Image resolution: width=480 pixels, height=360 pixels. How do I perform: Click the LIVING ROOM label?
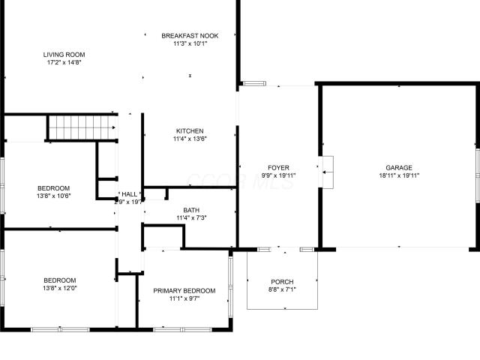click(64, 55)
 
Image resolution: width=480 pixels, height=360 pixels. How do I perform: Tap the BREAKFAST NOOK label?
click(190, 36)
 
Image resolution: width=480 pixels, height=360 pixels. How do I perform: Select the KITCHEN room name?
click(190, 131)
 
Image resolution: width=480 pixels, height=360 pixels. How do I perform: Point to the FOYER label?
click(278, 168)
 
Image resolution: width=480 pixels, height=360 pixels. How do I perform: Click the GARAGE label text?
click(399, 168)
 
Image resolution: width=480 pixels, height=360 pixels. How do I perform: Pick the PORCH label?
click(282, 282)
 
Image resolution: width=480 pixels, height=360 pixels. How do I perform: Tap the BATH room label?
click(191, 210)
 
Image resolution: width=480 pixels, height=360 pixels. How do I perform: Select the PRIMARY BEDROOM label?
click(184, 291)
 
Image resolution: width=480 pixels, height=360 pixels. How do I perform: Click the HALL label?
click(130, 194)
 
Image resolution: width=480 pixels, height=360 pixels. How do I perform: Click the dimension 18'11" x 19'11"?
click(399, 175)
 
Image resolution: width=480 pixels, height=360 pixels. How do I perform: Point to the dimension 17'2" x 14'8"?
click(64, 63)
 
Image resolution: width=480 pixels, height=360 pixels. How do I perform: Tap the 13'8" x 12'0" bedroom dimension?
click(60, 288)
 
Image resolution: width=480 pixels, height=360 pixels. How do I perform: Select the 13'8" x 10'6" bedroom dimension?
click(53, 196)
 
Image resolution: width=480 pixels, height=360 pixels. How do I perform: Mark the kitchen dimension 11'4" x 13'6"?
click(190, 139)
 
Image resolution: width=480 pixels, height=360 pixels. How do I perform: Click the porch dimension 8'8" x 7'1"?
click(282, 290)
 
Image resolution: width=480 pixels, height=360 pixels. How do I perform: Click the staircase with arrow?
click(82, 127)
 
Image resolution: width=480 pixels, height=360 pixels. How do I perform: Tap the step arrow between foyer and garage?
click(328, 172)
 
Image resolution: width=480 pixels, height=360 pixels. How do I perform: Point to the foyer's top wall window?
click(255, 83)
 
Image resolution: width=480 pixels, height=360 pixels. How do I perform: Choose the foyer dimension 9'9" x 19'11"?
click(278, 175)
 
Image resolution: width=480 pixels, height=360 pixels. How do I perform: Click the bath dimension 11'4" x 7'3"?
click(191, 218)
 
